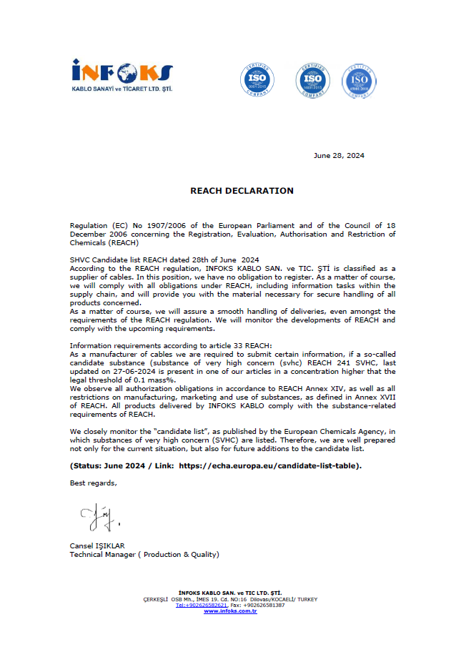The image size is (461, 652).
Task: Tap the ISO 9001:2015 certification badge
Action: click(257, 79)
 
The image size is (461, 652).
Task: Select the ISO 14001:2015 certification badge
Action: click(312, 79)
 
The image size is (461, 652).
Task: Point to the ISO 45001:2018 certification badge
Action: click(360, 81)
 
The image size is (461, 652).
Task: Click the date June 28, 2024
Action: click(339, 156)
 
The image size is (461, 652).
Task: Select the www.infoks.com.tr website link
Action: click(230, 611)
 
